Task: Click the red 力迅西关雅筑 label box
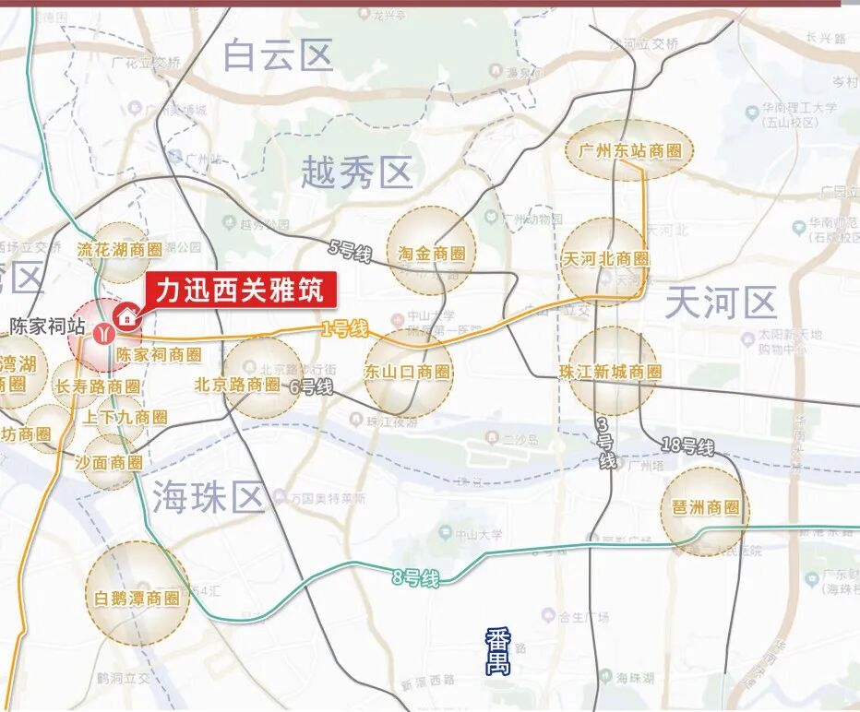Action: [x=240, y=291]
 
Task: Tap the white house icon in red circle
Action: [x=127, y=317]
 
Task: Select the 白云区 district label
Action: [x=278, y=55]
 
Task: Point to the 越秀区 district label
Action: [x=356, y=172]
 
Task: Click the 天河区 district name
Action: [x=721, y=302]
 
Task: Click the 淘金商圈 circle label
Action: [x=431, y=253]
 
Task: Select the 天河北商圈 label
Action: [x=605, y=259]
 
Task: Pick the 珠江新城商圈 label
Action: [x=614, y=371]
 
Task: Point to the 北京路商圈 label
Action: [x=237, y=384]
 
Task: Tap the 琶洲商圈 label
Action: [x=706, y=507]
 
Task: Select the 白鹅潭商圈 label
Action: [x=137, y=598]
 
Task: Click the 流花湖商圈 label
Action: [x=119, y=249]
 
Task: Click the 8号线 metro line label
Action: [x=415, y=578]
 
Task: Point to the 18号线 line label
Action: [x=688, y=446]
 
